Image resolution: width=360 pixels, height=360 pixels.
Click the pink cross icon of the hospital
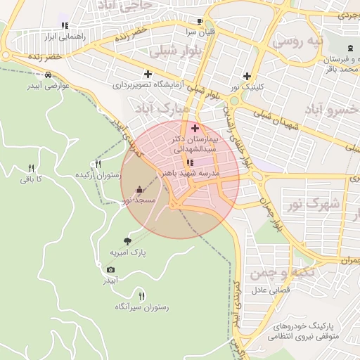pos(195,129)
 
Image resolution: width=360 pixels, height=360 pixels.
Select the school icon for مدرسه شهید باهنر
pos(190,162)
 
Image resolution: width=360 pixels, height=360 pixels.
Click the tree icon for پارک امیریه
pos(127,241)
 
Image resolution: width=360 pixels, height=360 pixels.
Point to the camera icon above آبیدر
pos(110,270)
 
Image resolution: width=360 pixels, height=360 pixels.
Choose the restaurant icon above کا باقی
pos(31,169)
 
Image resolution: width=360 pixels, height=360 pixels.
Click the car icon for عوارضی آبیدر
pos(47,75)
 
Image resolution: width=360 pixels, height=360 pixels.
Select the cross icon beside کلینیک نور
pos(247,76)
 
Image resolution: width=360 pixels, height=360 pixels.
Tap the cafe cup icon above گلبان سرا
pos(200,22)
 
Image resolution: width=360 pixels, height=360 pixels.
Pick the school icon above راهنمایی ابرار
pos(65,25)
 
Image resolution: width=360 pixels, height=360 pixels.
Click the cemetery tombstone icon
pos(350,47)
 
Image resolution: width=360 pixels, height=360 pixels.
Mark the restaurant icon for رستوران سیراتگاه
pos(141,296)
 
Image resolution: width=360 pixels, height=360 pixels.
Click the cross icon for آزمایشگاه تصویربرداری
pos(148,74)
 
